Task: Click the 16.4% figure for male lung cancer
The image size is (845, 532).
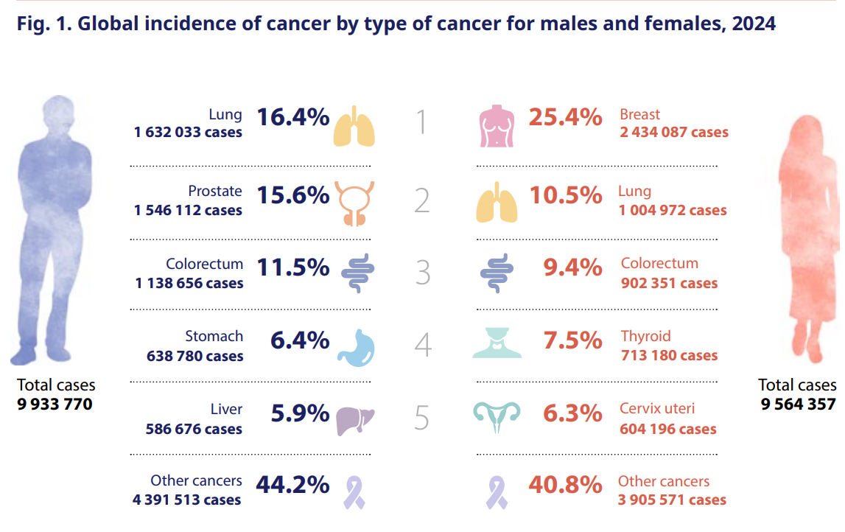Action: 292,117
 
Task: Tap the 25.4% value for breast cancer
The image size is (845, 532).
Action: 565,117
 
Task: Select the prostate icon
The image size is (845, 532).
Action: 354,203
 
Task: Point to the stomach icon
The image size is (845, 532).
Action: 357,348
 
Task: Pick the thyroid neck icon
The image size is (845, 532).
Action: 497,343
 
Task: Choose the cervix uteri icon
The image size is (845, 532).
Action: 497,417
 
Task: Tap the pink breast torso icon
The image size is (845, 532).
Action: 497,126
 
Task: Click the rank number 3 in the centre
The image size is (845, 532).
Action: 423,272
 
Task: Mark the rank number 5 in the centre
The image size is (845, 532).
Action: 422,418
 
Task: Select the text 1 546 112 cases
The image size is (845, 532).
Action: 188,210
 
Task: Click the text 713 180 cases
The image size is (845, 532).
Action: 670,356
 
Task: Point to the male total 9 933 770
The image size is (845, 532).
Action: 55,404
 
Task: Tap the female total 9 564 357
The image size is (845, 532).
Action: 798,404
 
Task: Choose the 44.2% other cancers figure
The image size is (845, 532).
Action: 292,485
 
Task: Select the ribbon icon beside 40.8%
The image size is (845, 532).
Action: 497,493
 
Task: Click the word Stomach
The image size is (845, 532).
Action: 214,336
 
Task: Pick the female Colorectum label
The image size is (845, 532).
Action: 659,263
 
